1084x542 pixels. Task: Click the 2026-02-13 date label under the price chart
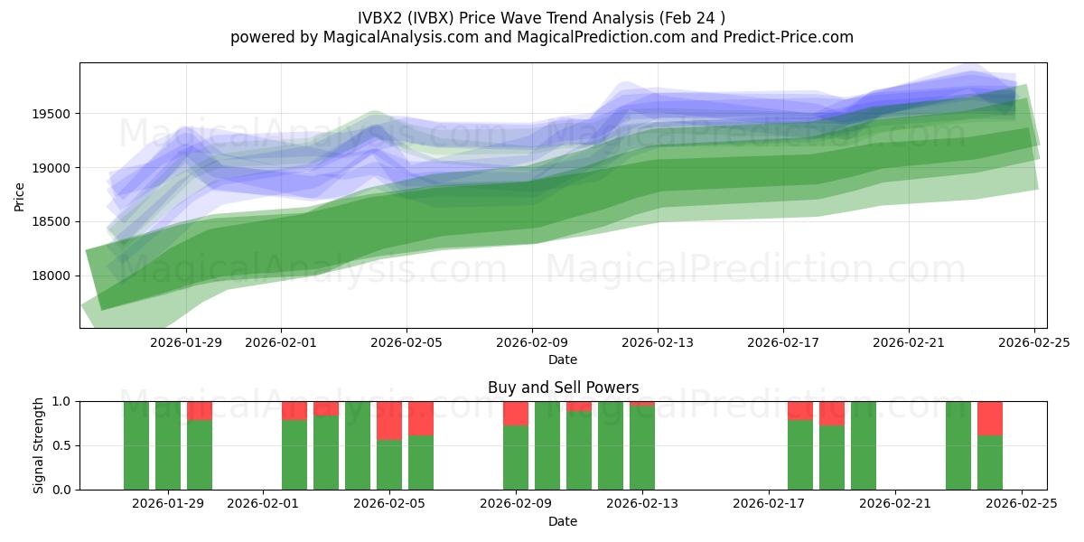pyautogui.click(x=657, y=342)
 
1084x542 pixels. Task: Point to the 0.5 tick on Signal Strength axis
pyautogui.click(x=64, y=446)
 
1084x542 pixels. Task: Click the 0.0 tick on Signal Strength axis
pyautogui.click(x=64, y=490)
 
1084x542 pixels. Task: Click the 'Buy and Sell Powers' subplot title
pyautogui.click(x=563, y=388)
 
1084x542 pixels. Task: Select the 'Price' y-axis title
pyautogui.click(x=20, y=196)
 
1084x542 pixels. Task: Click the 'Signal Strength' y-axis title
pyautogui.click(x=39, y=445)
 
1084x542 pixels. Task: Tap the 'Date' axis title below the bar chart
pyautogui.click(x=563, y=521)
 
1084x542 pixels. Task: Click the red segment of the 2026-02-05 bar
pyautogui.click(x=389, y=420)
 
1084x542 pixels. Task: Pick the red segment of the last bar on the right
pyautogui.click(x=990, y=417)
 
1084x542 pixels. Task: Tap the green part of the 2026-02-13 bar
pyautogui.click(x=642, y=448)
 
